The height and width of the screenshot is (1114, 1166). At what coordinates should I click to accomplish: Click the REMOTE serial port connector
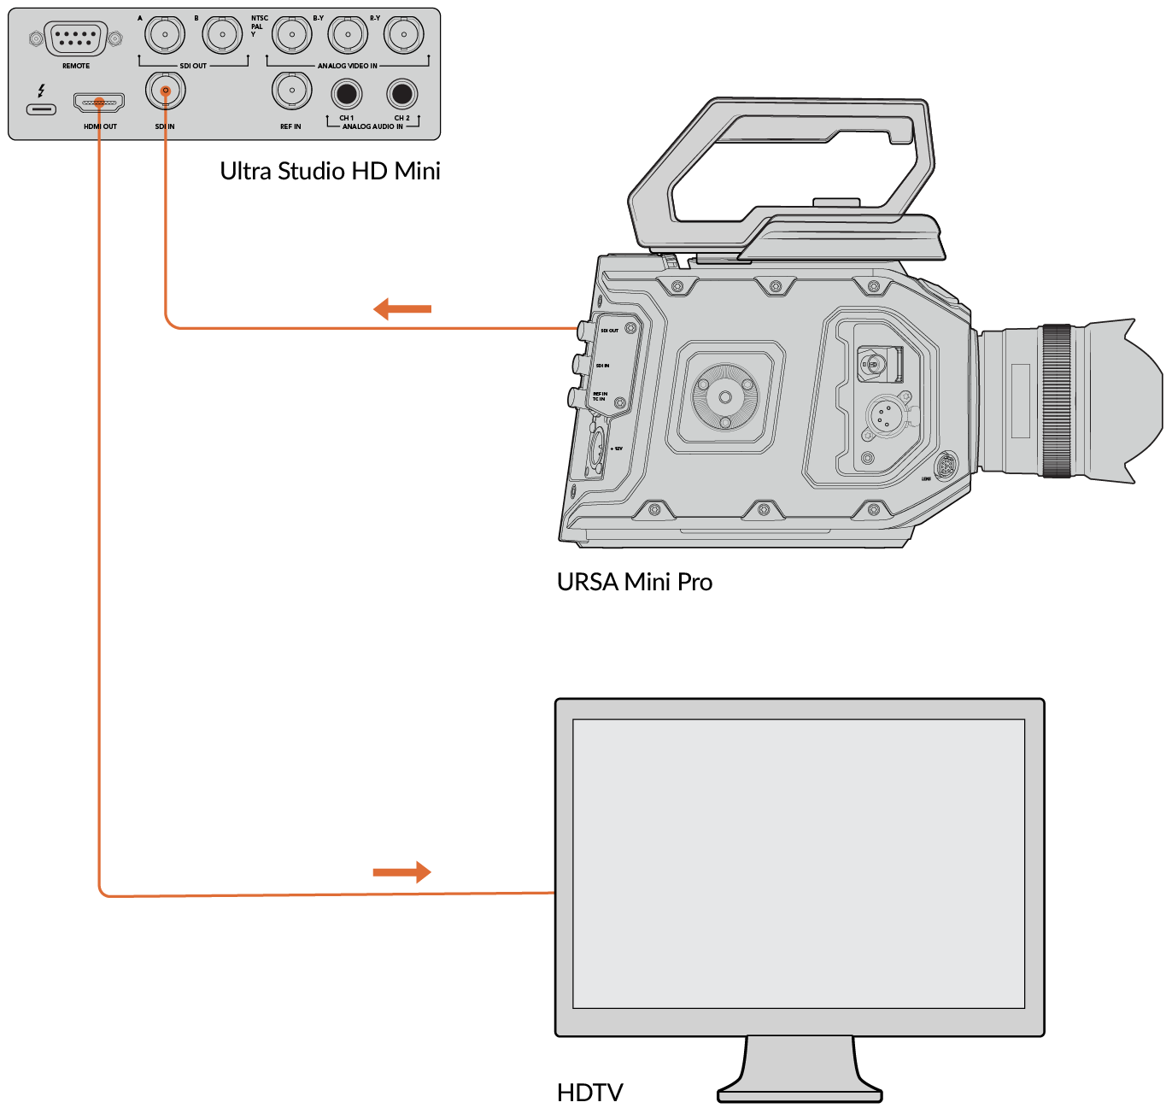point(75,39)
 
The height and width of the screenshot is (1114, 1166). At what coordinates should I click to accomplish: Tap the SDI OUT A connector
point(165,36)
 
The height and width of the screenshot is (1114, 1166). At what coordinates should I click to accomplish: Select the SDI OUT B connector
point(222,36)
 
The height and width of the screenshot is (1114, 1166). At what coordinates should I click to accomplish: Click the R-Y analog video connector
point(404,35)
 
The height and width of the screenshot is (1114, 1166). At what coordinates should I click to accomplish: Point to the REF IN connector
point(292,91)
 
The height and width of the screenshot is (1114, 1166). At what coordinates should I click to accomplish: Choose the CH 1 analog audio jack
point(347,93)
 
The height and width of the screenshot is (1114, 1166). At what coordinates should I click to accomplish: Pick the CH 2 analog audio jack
point(401,93)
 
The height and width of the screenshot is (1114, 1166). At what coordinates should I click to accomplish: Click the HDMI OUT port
point(99,103)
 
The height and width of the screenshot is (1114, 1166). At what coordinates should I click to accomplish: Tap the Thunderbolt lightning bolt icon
point(41,90)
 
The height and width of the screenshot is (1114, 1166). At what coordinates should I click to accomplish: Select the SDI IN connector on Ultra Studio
point(165,91)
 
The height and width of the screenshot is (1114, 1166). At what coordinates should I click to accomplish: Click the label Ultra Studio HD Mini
point(330,171)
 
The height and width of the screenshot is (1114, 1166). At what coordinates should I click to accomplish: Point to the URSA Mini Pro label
point(634,582)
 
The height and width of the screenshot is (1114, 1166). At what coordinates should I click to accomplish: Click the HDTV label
point(589,1093)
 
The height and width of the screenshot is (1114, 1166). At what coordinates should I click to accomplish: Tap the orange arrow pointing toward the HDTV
point(401,872)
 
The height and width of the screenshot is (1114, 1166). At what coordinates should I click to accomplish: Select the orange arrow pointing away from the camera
point(402,308)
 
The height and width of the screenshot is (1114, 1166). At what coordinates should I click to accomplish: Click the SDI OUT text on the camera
point(609,331)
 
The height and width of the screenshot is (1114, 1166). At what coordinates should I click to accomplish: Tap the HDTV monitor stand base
point(800,1093)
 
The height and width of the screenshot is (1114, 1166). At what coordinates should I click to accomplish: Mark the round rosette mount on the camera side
point(725,397)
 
